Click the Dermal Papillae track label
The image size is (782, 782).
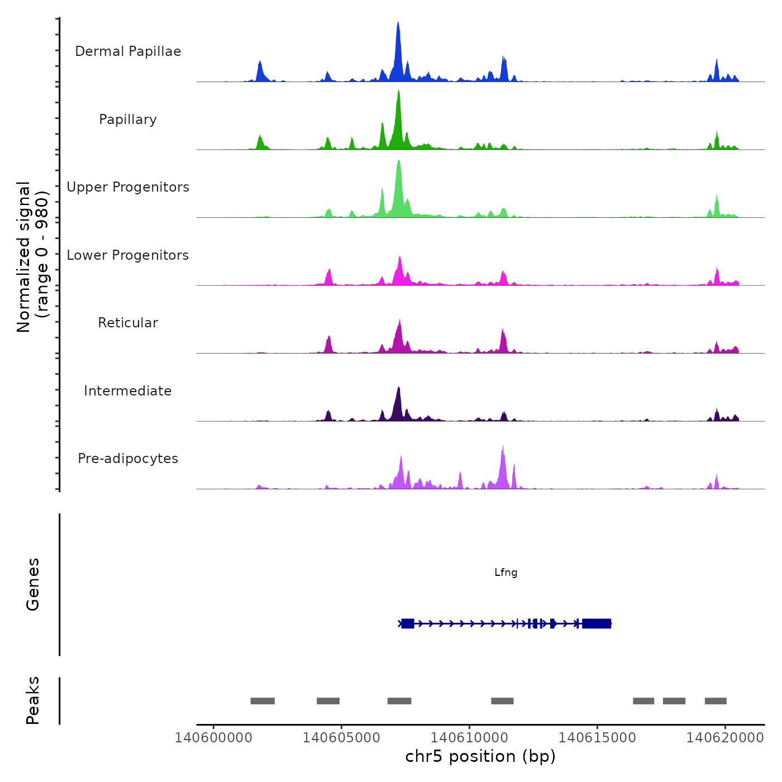pyautogui.click(x=128, y=51)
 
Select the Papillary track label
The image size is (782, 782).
pyautogui.click(x=128, y=120)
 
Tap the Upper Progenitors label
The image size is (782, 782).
pyautogui.click(x=128, y=187)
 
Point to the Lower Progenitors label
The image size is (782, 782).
pyautogui.click(x=128, y=255)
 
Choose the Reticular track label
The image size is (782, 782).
pyautogui.click(x=128, y=323)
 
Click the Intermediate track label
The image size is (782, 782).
pyautogui.click(x=128, y=391)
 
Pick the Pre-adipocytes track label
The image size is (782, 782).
pyautogui.click(x=128, y=459)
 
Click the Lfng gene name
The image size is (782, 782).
pyautogui.click(x=506, y=573)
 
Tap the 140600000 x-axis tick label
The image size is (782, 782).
pyautogui.click(x=213, y=738)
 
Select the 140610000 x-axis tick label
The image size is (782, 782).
pyautogui.click(x=469, y=738)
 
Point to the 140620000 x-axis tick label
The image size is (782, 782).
pyautogui.click(x=725, y=738)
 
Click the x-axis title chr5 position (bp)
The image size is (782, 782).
pyautogui.click(x=480, y=757)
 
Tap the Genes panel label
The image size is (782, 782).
pyautogui.click(x=33, y=584)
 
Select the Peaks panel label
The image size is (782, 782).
pyautogui.click(x=33, y=700)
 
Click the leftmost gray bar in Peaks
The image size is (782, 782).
pyautogui.click(x=263, y=701)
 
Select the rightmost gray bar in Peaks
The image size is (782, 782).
pyautogui.click(x=716, y=701)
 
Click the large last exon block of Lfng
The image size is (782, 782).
pyautogui.click(x=597, y=623)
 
